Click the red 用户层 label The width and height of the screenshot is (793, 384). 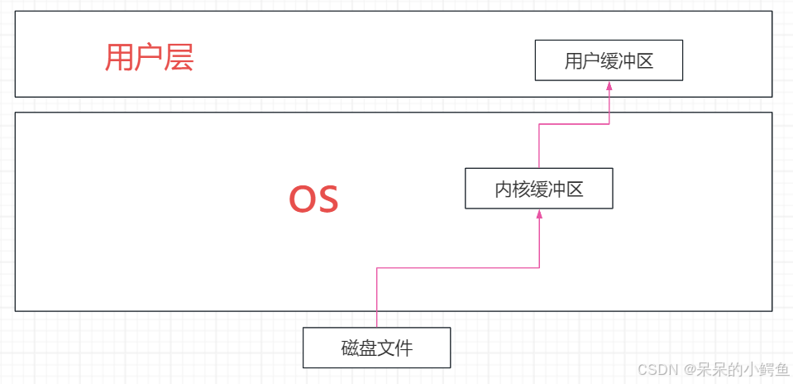click(x=149, y=58)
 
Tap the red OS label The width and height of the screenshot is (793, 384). click(x=313, y=199)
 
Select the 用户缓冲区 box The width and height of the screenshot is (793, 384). click(x=609, y=60)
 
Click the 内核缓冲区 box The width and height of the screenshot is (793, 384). click(x=539, y=189)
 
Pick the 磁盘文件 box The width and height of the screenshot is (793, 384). click(x=376, y=348)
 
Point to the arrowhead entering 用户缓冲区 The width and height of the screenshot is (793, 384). click(x=609, y=86)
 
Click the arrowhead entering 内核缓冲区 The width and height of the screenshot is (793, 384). click(x=539, y=214)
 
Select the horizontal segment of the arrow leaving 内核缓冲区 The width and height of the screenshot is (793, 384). click(x=574, y=124)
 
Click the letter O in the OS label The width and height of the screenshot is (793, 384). click(x=301, y=199)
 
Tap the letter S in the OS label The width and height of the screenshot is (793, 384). click(x=327, y=199)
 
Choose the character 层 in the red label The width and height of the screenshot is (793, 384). click(x=179, y=58)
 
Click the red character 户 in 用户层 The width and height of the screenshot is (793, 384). click(x=149, y=58)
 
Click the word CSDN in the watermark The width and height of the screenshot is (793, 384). click(x=653, y=369)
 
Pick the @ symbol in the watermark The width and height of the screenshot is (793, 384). click(x=681, y=369)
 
